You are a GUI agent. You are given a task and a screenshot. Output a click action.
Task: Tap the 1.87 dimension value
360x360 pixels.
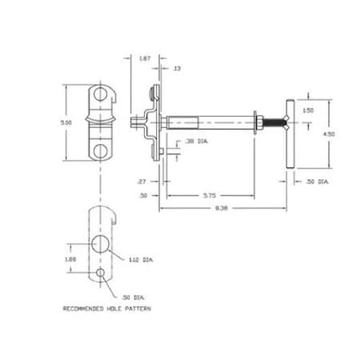click(x=145, y=58)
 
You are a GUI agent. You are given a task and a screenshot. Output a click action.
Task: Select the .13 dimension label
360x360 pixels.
click(x=176, y=69)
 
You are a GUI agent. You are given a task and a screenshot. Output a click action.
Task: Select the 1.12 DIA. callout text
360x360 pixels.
click(x=141, y=259)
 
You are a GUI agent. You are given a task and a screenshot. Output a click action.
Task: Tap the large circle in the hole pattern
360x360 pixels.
click(x=102, y=245)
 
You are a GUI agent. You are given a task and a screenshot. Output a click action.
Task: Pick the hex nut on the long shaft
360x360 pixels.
click(x=260, y=123)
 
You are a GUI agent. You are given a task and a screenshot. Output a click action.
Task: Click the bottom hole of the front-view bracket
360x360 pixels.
click(x=102, y=150)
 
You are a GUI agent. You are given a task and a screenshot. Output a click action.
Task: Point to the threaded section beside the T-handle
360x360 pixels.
click(x=276, y=123)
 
